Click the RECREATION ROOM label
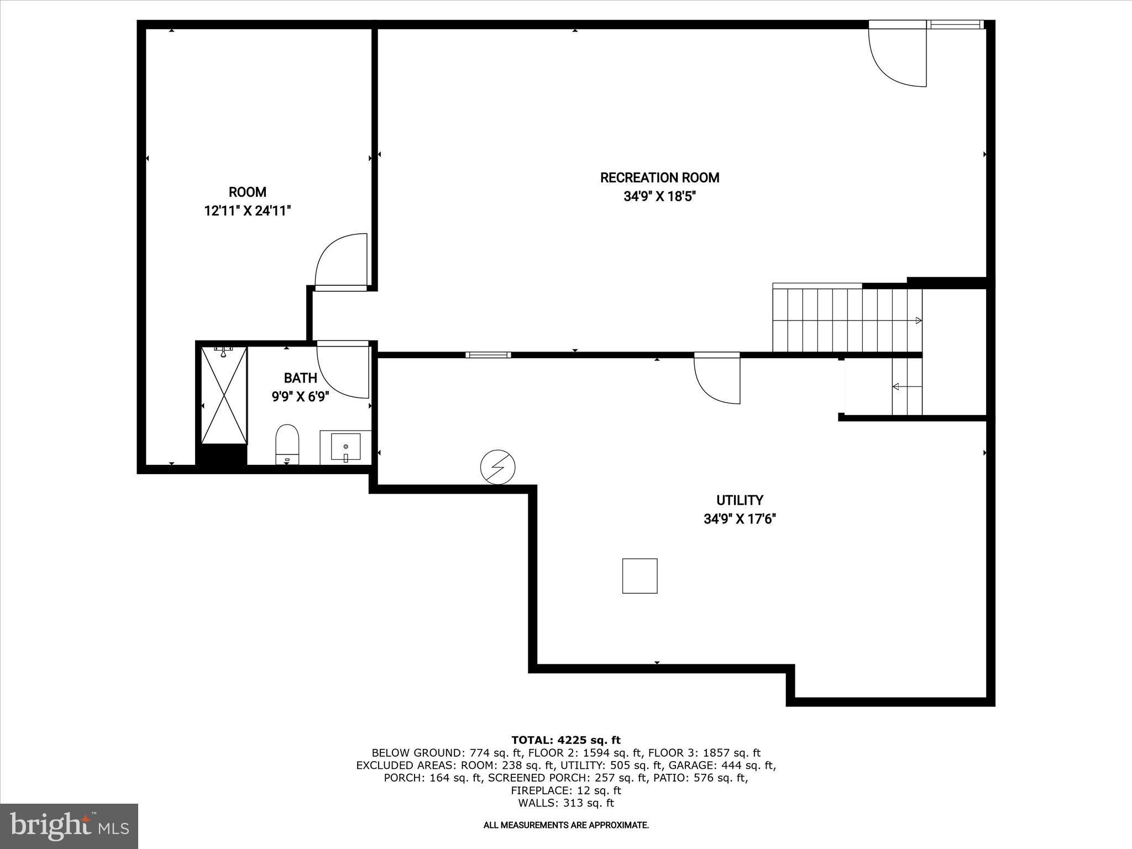pos(659,178)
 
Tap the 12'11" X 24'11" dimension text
pos(247,211)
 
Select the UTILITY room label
pos(740,500)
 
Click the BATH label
pos(300,378)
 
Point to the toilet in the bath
pos(287,443)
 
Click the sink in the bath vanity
pos(345,447)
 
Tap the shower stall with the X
pos(224,395)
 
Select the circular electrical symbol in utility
pos(497,467)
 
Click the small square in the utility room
pos(640,576)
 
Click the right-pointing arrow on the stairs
pos(918,321)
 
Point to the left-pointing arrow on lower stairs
pos(896,386)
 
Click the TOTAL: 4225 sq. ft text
pos(565,740)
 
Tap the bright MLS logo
pos(69,826)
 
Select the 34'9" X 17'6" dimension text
pos(740,519)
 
